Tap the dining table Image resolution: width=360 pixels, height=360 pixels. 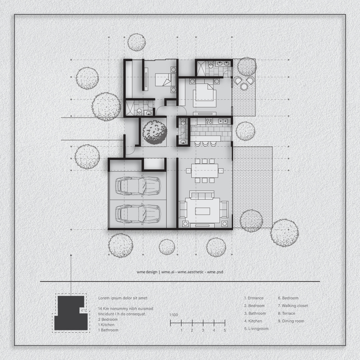(x=205, y=171)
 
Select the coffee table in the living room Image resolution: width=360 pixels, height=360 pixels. (x=203, y=211)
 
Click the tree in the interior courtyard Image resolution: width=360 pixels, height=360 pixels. (x=154, y=133)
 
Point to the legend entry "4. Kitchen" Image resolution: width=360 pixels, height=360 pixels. (x=253, y=321)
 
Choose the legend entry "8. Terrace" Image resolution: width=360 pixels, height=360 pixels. (x=287, y=313)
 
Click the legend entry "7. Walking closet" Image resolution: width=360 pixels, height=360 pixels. (x=293, y=306)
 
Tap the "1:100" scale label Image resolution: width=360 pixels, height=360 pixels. (x=174, y=315)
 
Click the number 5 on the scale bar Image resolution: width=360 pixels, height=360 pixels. (x=225, y=330)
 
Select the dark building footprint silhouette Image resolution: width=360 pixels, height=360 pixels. (x=71, y=313)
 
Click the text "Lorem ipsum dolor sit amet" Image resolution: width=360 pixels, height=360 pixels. (x=123, y=298)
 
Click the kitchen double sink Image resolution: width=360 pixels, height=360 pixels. (x=223, y=121)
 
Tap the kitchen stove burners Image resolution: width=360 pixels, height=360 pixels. (x=209, y=121)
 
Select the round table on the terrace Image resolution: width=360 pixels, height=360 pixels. (x=244, y=86)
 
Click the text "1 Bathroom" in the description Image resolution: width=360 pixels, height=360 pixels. (x=108, y=330)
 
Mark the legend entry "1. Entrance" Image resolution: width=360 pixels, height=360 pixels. (x=254, y=298)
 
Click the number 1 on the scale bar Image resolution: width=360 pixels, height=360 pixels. (x=181, y=330)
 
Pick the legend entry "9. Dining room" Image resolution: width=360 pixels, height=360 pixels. (x=291, y=321)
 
